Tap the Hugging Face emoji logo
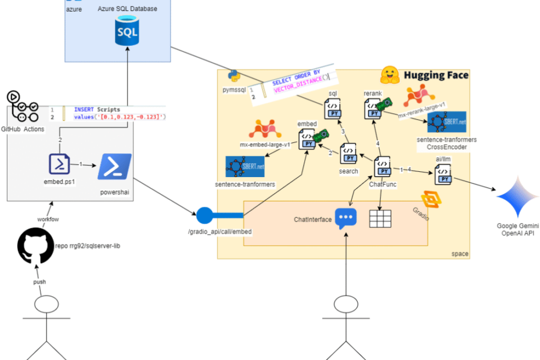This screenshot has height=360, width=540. tap(388, 75)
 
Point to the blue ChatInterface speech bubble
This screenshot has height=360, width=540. tap(345, 218)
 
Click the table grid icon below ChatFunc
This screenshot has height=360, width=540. tap(380, 218)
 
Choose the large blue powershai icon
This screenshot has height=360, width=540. tap(114, 166)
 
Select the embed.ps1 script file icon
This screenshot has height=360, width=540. tap(60, 164)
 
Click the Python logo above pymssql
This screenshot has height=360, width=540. tap(235, 77)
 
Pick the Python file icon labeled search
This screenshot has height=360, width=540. tap(348, 152)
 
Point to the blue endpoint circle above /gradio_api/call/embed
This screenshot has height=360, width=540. tap(205, 215)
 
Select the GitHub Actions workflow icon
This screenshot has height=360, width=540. tap(23, 106)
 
